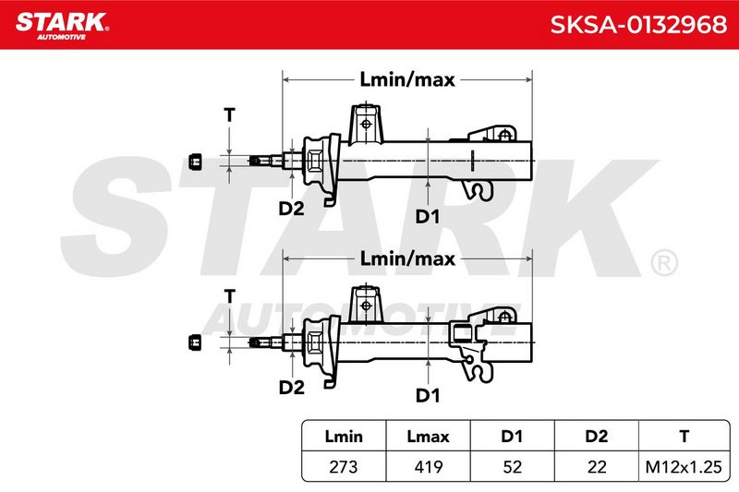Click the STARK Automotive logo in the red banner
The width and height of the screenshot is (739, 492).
(62, 26)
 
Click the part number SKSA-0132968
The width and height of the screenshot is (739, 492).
(638, 25)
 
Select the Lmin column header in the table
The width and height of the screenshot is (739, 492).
(344, 436)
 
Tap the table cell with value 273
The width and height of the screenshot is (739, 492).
(344, 466)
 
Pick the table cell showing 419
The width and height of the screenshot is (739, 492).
(428, 466)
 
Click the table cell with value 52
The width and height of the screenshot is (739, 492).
(513, 466)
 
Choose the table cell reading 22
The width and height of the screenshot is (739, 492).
(597, 466)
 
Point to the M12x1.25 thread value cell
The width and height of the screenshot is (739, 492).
(684, 466)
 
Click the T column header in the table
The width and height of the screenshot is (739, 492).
(684, 436)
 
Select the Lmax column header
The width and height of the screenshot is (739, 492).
(428, 436)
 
